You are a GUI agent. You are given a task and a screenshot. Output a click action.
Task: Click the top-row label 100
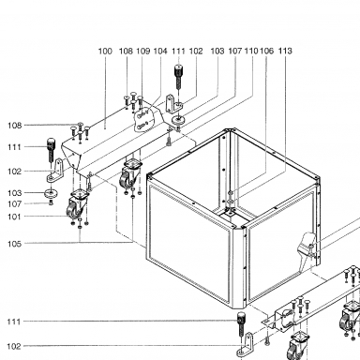(105, 51)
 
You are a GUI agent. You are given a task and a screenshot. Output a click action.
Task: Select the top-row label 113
(285, 51)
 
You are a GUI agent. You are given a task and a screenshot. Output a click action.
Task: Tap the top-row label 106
(266, 51)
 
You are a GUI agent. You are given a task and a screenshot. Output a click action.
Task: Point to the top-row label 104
(160, 51)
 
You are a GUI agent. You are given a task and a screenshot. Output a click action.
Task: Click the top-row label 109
(143, 51)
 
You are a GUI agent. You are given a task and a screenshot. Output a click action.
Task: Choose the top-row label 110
(251, 51)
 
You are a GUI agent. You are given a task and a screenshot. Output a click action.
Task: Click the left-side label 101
(14, 217)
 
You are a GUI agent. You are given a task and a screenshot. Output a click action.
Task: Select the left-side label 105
(14, 244)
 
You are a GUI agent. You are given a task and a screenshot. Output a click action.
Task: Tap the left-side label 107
(14, 204)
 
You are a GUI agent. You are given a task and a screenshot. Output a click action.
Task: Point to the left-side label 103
(14, 193)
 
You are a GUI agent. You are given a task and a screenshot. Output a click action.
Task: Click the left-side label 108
(14, 126)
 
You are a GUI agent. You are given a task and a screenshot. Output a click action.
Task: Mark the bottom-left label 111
(14, 322)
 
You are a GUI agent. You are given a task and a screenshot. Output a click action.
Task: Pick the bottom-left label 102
(14, 346)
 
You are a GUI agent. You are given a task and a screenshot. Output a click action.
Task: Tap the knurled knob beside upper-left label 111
(51, 149)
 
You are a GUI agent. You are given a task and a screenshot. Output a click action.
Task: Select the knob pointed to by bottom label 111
(241, 322)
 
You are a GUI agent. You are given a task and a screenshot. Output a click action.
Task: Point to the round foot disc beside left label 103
(51, 193)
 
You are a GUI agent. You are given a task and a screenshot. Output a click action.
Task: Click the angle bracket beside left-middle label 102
(55, 171)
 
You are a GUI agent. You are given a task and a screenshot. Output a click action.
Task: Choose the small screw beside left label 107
(52, 203)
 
